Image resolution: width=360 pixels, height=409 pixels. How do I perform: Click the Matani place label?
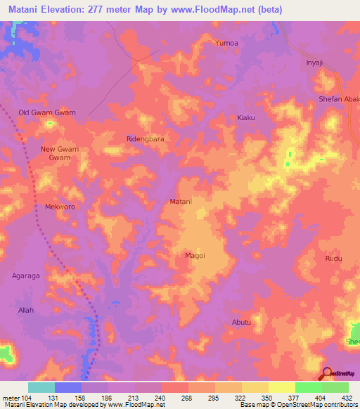pos(181,202)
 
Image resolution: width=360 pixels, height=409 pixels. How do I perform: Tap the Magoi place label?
pos(194,256)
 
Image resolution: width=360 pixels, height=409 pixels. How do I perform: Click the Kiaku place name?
pos(246,117)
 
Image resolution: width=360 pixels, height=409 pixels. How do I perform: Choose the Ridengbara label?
pos(145,139)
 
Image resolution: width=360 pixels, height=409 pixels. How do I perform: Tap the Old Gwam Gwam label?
pos(46,112)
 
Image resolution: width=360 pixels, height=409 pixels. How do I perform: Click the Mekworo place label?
pos(60,207)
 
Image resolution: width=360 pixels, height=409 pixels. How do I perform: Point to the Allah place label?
pos(25,310)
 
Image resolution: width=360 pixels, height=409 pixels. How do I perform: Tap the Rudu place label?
pos(333,259)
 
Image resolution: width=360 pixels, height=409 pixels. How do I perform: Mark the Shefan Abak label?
pos(340,99)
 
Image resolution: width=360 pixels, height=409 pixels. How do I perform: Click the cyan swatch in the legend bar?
pos(41,387)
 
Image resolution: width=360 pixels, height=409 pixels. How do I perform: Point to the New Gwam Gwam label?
pos(56,153)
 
